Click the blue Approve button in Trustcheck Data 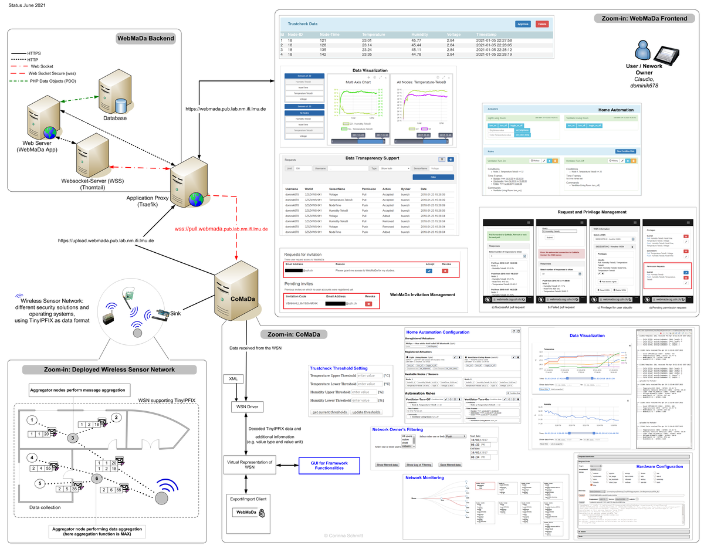523,24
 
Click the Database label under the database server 116,118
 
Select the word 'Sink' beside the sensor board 175,316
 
